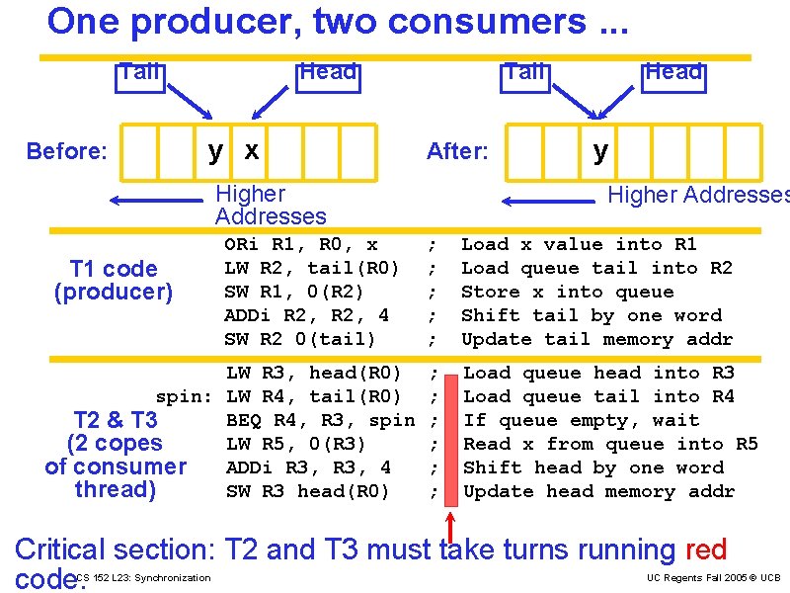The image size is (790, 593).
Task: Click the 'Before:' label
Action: (67, 151)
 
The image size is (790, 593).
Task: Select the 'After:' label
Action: (457, 151)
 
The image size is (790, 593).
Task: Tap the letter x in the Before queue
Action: (252, 150)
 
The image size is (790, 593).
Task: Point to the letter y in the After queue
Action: (600, 150)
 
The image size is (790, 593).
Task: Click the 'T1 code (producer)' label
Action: (114, 281)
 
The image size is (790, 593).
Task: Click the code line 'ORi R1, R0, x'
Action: (301, 244)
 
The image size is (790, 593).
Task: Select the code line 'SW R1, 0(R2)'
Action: (294, 292)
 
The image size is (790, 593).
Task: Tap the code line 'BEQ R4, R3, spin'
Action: (320, 420)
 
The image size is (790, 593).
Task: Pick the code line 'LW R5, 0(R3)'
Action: (295, 444)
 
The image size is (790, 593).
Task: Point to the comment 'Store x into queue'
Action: (567, 292)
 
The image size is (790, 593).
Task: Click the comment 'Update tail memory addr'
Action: (596, 339)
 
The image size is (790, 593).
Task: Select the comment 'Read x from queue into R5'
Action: (610, 444)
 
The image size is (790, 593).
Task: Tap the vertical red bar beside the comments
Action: (450, 433)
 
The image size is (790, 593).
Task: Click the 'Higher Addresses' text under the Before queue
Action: (270, 205)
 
